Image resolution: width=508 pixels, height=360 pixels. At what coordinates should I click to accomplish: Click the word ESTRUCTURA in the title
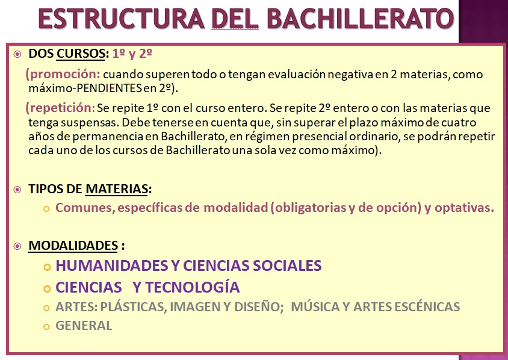[x=121, y=19]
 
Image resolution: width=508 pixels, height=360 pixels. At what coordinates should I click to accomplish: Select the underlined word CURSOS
[x=81, y=54]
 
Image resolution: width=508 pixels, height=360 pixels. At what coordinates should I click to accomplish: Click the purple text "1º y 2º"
[x=132, y=54]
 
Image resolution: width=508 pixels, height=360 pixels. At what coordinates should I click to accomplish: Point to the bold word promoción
[x=65, y=75]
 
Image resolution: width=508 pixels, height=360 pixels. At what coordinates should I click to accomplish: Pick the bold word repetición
[x=61, y=108]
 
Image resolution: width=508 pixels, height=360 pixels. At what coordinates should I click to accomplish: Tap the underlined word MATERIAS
[x=117, y=189]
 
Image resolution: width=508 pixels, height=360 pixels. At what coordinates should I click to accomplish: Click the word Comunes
[x=85, y=208]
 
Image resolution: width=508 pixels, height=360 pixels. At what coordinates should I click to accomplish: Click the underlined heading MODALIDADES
[x=73, y=245]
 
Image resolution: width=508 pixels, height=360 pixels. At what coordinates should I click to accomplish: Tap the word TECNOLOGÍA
[x=193, y=287]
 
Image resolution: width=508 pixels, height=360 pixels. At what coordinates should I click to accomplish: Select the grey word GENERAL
[x=84, y=326]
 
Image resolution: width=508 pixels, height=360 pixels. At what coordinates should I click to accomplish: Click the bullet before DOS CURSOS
[x=17, y=54]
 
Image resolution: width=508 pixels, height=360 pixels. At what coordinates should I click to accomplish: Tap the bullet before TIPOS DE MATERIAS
[x=17, y=190]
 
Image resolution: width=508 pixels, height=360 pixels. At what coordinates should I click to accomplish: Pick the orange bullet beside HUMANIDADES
[x=48, y=267]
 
